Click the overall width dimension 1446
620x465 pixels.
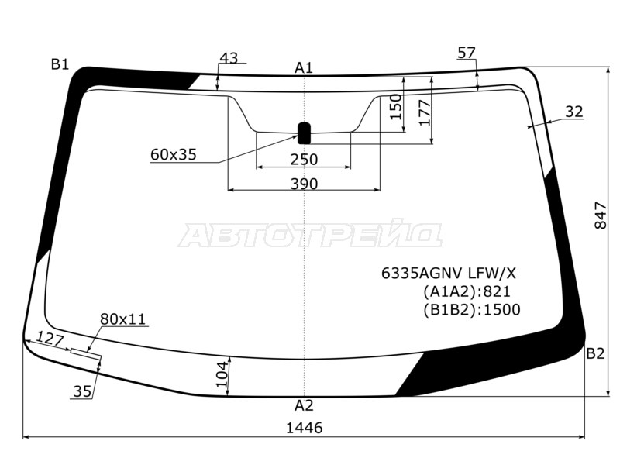pos(304,428)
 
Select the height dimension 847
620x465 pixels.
pos(600,215)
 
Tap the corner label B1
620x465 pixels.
pos(60,64)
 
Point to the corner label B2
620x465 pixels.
pos(595,353)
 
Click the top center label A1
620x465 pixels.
pos(304,68)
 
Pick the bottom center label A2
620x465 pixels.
pos(304,405)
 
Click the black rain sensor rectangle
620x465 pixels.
pos(304,133)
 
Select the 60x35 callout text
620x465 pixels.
pos(173,154)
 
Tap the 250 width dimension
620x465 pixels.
pos(304,160)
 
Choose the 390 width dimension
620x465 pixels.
pos(304,184)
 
